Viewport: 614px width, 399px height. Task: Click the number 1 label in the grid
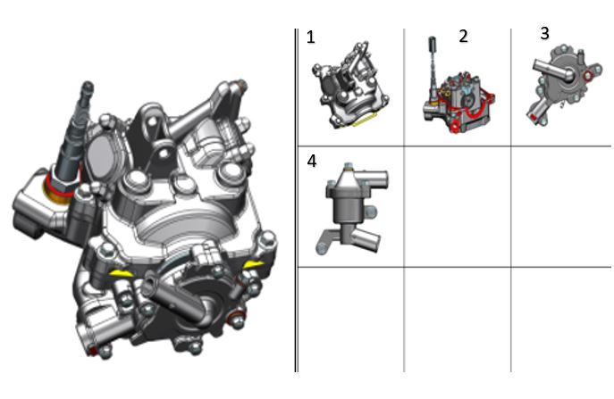[x=310, y=37]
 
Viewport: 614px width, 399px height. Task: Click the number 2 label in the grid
[x=463, y=36]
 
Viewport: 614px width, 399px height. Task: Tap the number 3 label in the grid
[x=544, y=34]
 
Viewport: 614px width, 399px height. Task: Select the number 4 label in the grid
[x=312, y=162]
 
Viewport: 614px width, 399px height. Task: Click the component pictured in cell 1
[x=350, y=86]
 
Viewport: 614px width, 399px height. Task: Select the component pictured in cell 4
[x=351, y=209]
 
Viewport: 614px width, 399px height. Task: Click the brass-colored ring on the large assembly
[x=58, y=192]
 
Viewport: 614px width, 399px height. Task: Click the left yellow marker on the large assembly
[x=120, y=273]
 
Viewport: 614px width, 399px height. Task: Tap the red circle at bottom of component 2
[x=455, y=127]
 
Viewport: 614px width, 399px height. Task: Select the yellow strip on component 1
[x=364, y=121]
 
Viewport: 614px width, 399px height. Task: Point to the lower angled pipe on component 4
[x=367, y=238]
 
